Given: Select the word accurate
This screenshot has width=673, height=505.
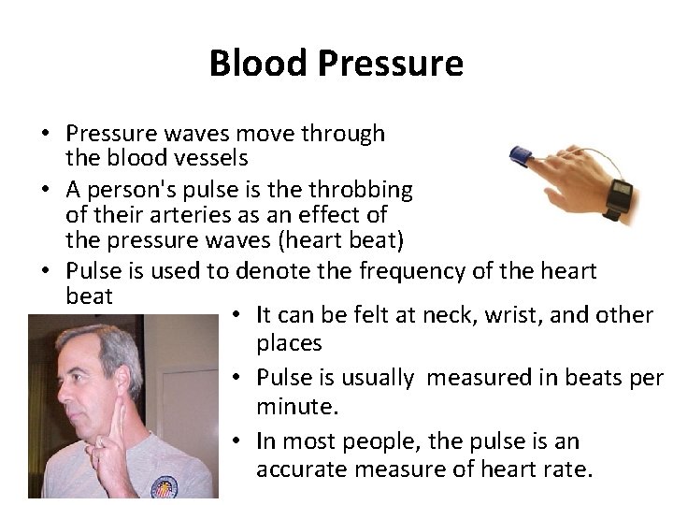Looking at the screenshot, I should click(x=300, y=468).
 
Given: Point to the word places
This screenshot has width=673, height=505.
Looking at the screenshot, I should click(x=289, y=343).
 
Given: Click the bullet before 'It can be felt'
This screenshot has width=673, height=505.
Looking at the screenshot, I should click(x=237, y=316).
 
